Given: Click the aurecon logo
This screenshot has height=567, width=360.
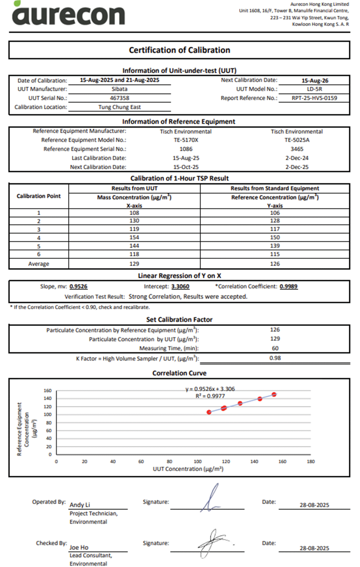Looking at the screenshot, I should [68, 15].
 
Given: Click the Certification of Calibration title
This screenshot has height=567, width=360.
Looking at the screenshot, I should [179, 50].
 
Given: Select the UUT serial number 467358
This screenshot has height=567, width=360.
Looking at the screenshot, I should [119, 98].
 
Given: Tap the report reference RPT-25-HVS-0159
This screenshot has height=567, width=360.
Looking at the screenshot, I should [314, 98].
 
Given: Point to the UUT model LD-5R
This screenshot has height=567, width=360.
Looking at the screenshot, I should [314, 89].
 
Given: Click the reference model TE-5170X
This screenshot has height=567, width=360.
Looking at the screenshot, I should [186, 140].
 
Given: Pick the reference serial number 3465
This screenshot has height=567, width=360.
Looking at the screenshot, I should [297, 149].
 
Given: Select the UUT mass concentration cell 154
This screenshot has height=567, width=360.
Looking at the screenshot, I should [134, 237].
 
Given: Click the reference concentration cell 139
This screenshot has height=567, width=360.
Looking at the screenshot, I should [275, 246].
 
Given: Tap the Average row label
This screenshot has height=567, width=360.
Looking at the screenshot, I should [39, 264].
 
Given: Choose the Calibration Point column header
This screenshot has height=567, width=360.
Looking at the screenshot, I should [39, 196].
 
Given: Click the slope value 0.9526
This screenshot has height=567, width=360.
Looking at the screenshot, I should [78, 286].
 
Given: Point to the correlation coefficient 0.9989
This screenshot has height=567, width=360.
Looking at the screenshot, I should [288, 286].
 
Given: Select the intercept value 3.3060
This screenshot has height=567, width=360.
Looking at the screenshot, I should [180, 286].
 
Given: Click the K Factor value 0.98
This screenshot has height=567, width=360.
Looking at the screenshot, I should [275, 358].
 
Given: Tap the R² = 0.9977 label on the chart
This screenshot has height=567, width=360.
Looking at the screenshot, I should [210, 396].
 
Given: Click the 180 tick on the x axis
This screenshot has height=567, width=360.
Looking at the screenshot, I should [310, 462].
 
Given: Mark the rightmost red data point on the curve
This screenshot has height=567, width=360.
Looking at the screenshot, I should [274, 394].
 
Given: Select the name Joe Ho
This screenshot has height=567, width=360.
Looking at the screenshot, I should [79, 547].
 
